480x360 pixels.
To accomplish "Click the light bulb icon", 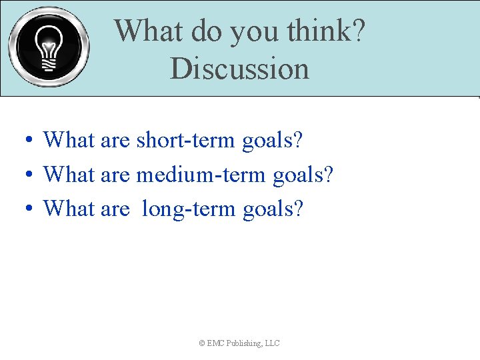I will (x=48, y=47).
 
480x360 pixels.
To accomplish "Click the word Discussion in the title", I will (x=239, y=69).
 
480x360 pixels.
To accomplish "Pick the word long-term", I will (x=189, y=209).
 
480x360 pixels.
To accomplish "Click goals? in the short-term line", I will (x=272, y=141).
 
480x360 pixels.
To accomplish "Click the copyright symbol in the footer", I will (x=202, y=343).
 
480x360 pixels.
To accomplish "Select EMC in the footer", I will (x=215, y=343).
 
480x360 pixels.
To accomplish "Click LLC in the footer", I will (x=272, y=343).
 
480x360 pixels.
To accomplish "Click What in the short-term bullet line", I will (x=69, y=141).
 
